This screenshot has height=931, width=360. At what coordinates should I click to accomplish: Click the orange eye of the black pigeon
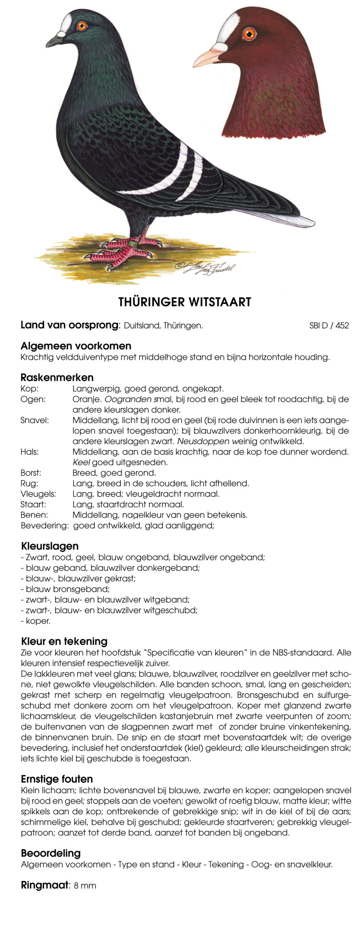(x=82, y=25)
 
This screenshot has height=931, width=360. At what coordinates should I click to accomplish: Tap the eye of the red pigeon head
(x=249, y=34)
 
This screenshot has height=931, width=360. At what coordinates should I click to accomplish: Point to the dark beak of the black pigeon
(x=55, y=40)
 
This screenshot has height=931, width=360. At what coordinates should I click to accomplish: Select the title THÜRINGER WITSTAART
(x=184, y=302)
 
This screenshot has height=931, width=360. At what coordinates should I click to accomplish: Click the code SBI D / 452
(x=329, y=325)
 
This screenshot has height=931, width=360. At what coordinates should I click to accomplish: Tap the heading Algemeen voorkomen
(x=76, y=346)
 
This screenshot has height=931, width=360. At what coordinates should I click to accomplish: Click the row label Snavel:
(x=35, y=420)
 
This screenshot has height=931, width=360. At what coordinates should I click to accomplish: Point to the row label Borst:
(x=31, y=473)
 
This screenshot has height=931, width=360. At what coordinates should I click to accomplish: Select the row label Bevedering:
(x=44, y=526)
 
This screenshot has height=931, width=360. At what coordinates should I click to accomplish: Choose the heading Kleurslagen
(x=50, y=546)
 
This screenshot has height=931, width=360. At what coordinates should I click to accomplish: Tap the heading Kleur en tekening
(x=64, y=641)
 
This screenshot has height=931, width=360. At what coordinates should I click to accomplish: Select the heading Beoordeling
(x=51, y=853)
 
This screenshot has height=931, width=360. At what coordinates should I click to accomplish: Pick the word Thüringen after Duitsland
(x=183, y=325)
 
